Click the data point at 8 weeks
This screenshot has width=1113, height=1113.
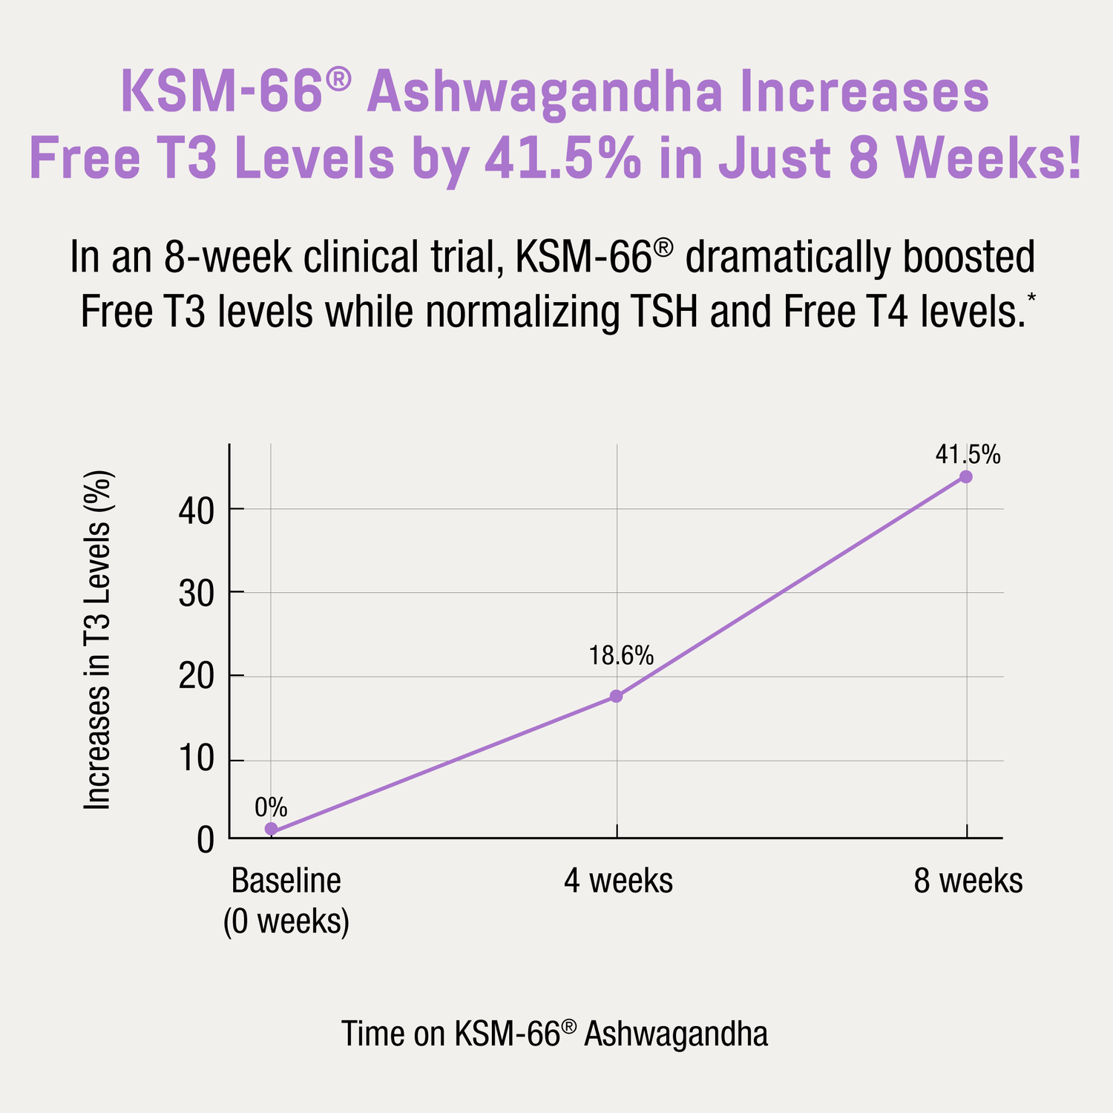[966, 476]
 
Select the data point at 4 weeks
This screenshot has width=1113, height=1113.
[617, 696]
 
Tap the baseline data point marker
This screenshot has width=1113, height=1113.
[272, 829]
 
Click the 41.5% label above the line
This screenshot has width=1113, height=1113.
[968, 454]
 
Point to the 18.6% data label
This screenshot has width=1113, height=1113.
[621, 656]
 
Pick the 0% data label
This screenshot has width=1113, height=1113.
[271, 807]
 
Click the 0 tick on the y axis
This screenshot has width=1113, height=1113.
[206, 841]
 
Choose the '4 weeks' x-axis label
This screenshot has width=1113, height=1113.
[618, 881]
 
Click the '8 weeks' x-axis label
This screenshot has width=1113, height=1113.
[968, 881]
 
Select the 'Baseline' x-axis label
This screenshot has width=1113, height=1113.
[286, 881]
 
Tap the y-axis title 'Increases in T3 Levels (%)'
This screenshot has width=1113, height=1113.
[97, 640]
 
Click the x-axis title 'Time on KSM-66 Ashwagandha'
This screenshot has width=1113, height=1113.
[554, 1034]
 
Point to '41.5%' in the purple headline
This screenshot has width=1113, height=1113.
[563, 159]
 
